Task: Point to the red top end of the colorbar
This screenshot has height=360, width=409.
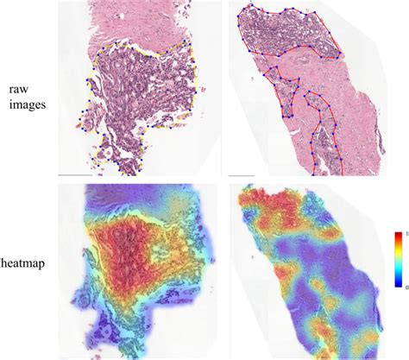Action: point(395,235)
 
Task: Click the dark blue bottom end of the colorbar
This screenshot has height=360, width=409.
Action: point(395,281)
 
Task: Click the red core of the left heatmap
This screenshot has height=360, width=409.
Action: point(129,250)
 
